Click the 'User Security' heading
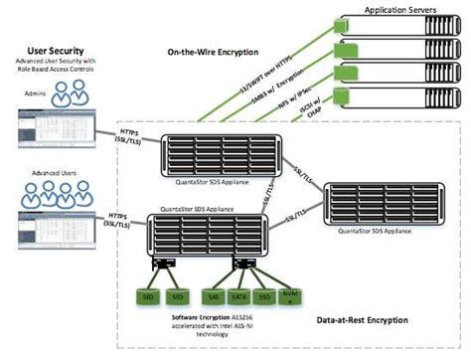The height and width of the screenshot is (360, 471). point(61,47)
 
